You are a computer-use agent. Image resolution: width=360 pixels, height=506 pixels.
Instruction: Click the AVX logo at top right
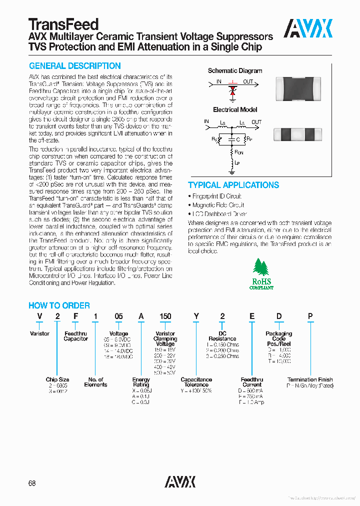[308, 28]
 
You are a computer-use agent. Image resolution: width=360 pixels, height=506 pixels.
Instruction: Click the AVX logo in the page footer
[180, 481]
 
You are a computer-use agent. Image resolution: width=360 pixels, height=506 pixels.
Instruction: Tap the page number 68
[32, 483]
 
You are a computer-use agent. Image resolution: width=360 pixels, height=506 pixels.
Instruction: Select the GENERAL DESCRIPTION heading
[74, 66]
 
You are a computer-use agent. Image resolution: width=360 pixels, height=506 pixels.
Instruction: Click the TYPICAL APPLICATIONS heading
[233, 185]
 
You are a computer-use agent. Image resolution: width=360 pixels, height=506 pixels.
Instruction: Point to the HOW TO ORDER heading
[59, 305]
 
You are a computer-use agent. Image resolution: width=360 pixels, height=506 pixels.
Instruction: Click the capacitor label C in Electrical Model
[238, 139]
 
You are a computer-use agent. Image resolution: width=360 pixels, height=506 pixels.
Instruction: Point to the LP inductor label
[238, 163]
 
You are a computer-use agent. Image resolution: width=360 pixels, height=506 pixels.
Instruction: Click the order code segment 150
[165, 316]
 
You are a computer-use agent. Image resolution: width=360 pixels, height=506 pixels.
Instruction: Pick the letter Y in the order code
[196, 316]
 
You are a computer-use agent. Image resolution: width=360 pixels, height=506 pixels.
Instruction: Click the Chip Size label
[57, 379]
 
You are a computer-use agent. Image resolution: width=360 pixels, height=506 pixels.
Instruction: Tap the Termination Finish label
[310, 379]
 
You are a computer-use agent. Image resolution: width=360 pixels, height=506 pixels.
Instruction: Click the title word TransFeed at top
[63, 24]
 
